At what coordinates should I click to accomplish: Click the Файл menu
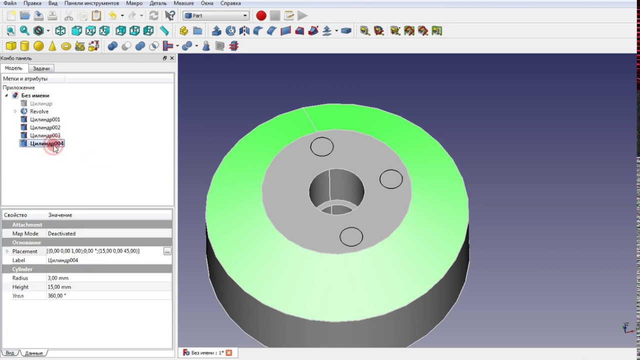pyautogui.click(x=9, y=3)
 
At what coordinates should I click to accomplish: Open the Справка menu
pyautogui.click(x=230, y=3)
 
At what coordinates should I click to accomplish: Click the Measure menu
pyautogui.click(x=183, y=3)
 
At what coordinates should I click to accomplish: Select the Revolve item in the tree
pyautogui.click(x=39, y=111)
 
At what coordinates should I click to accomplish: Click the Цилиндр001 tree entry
pyautogui.click(x=44, y=119)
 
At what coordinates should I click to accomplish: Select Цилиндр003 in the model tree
pyautogui.click(x=44, y=135)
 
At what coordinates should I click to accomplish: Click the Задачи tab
pyautogui.click(x=41, y=68)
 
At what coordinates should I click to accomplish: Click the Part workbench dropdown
pyautogui.click(x=216, y=15)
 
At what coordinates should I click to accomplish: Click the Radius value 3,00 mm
pyautogui.click(x=58, y=278)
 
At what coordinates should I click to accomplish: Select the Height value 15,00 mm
pyautogui.click(x=59, y=287)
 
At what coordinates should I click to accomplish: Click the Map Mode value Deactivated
pyautogui.click(x=61, y=233)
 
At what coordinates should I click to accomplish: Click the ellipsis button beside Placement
pyautogui.click(x=167, y=251)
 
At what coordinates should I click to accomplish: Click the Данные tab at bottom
pyautogui.click(x=34, y=353)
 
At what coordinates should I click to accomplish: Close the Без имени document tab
pyautogui.click(x=228, y=352)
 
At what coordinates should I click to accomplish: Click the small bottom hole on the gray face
pyautogui.click(x=351, y=236)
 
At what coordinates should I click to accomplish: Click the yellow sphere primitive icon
pyautogui.click(x=38, y=46)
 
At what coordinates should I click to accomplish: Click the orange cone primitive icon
pyautogui.click(x=52, y=46)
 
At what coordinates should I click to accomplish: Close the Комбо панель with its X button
pyautogui.click(x=172, y=58)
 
